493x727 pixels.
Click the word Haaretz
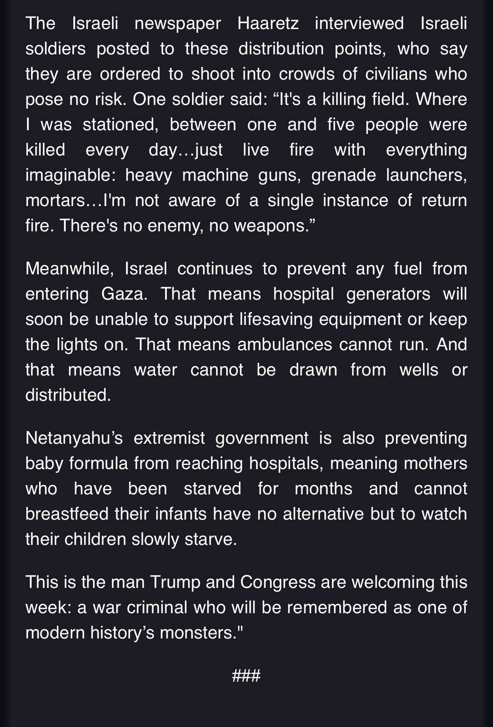268,23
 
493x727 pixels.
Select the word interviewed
359,23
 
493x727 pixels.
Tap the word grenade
343,175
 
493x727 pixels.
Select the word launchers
426,175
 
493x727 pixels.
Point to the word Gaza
124,294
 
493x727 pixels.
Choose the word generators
388,294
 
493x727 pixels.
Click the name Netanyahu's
74,438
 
